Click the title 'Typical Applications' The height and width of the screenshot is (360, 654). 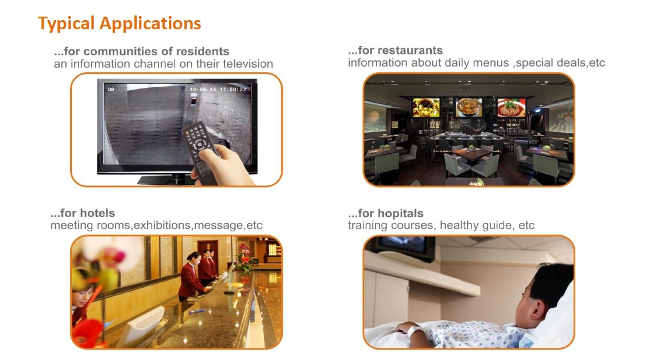pos(119,24)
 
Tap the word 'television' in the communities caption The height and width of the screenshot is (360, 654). pos(247,64)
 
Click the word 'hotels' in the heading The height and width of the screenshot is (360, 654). pos(97,213)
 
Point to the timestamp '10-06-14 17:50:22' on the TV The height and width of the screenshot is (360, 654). pos(218,89)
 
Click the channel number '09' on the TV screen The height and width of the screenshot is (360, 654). pos(111,89)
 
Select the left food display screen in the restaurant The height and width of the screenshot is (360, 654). pos(426,107)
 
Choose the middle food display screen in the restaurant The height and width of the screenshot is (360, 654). pos(469,107)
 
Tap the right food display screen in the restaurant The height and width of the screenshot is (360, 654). pos(512,107)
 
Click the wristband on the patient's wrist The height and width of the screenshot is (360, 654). pos(416,332)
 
